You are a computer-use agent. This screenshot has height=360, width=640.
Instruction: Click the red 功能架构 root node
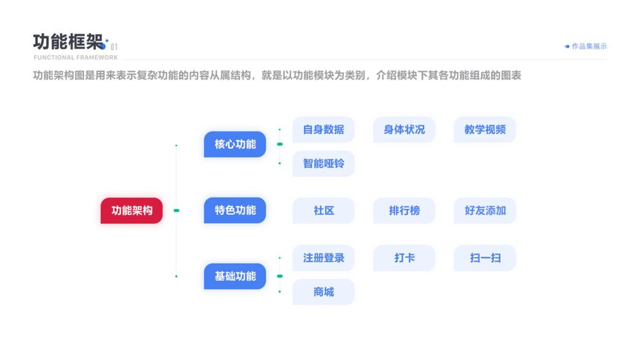point(131,211)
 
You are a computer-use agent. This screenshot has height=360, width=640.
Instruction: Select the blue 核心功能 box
point(235,144)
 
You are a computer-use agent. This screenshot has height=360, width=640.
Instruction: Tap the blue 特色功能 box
point(235,211)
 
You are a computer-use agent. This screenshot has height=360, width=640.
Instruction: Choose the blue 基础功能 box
point(235,276)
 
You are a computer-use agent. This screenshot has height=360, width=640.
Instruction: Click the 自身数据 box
point(323,130)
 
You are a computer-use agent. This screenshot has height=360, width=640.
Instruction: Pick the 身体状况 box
point(404,130)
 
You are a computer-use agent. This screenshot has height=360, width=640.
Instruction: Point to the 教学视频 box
point(485,130)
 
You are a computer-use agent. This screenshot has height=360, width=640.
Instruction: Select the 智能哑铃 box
point(323,163)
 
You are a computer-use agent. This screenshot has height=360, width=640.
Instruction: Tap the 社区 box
point(323,211)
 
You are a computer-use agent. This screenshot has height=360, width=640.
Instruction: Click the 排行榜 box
point(404,211)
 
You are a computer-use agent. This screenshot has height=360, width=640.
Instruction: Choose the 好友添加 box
point(485,211)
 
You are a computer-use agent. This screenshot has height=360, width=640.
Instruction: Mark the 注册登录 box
point(323,258)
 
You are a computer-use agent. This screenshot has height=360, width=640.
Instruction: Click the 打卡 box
point(404,258)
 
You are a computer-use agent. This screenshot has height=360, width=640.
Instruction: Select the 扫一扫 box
point(485,258)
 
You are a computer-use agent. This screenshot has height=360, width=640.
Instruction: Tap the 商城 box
point(323,292)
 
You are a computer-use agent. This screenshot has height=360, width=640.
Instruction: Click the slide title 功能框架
point(68,42)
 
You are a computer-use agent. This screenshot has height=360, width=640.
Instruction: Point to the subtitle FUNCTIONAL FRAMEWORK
point(76,58)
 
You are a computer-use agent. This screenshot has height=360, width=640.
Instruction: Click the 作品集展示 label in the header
point(589,46)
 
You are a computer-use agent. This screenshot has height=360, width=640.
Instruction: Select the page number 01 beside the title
point(114,47)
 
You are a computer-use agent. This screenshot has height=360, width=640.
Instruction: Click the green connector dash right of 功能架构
point(176,211)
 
